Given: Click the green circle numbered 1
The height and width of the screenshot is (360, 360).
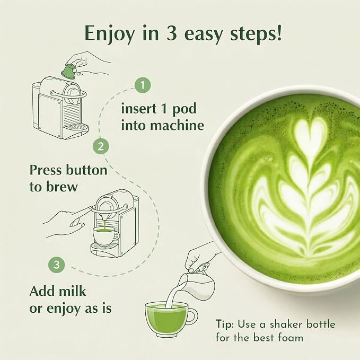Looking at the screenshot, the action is [143, 85].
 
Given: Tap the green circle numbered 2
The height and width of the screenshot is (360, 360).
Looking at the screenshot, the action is [101, 146].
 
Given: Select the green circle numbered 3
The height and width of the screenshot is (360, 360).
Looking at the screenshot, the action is [57, 265].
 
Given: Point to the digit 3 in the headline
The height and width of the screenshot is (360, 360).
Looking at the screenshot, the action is [171, 33].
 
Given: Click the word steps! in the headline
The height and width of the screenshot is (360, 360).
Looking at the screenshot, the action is [256, 34].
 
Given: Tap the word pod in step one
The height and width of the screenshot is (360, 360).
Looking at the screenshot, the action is [185, 109].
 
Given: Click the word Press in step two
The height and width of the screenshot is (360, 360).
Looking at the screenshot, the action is [46, 170].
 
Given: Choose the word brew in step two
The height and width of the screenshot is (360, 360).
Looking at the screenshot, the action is [62, 187].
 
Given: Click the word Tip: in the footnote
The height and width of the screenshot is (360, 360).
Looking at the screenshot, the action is [225, 324].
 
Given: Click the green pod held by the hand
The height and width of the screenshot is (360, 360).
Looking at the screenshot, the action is [68, 71].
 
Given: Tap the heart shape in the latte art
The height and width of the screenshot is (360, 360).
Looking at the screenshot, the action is [311, 132].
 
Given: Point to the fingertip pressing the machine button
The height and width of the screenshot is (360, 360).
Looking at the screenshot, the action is [91, 208].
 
